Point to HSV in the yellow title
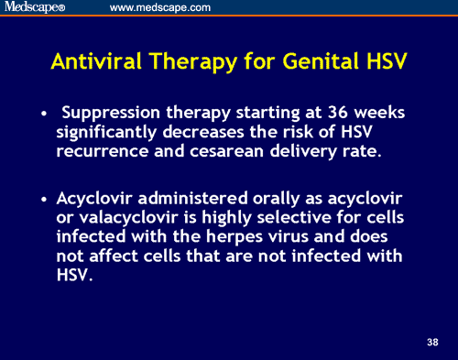(x=385, y=61)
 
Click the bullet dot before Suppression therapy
(x=44, y=116)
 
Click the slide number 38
(x=432, y=343)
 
